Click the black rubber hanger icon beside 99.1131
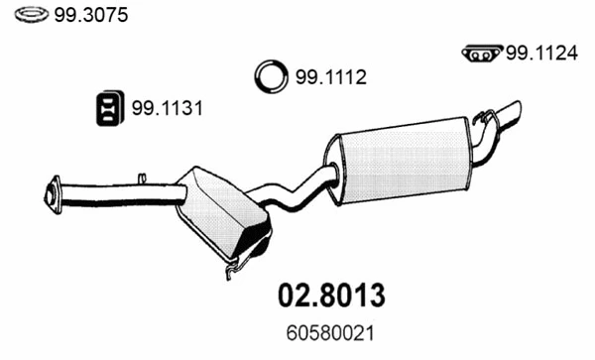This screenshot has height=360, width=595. (108, 109)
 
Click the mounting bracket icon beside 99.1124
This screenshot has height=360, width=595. (482, 55)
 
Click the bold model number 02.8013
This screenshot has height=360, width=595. (326, 296)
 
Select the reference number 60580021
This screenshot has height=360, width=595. (326, 337)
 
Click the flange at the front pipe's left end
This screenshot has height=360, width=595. (51, 193)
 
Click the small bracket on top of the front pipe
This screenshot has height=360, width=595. (142, 180)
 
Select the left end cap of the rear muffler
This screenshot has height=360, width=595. (332, 169)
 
